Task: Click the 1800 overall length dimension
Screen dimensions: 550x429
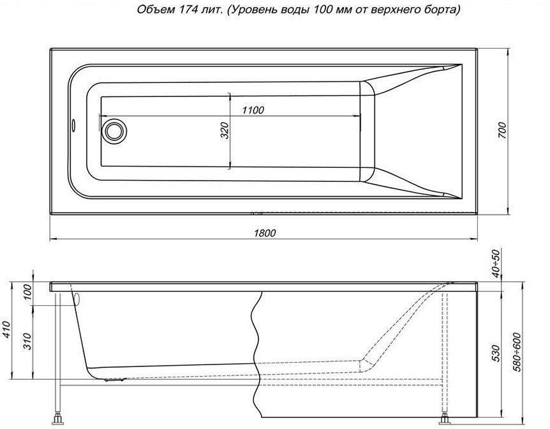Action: [x=265, y=233]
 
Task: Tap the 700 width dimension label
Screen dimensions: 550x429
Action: [x=502, y=130]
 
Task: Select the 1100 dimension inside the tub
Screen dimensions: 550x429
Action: [x=253, y=110]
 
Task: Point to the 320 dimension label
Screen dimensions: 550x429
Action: [x=225, y=131]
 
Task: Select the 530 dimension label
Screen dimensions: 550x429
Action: [x=495, y=354]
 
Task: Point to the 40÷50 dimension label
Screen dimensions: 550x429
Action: [x=496, y=262]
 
